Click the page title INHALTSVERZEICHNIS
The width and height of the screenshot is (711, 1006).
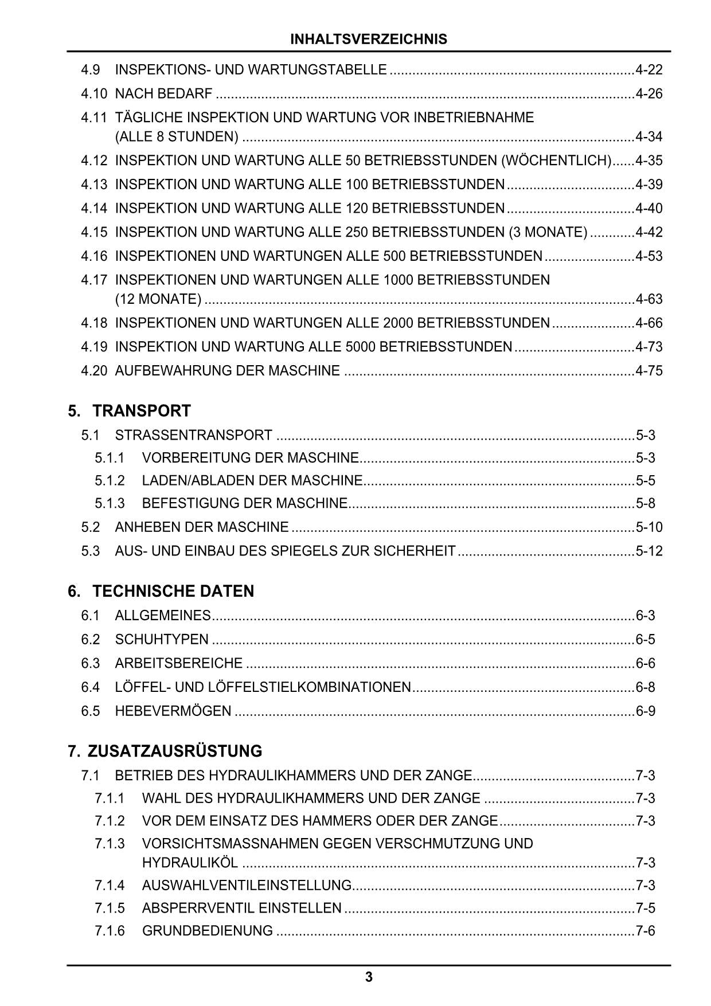[x=369, y=40]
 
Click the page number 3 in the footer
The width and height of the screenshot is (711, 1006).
[x=369, y=977]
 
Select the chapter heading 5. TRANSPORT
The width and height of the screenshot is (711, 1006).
[x=129, y=411]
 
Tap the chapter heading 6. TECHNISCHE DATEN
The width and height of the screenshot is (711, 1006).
[x=161, y=591]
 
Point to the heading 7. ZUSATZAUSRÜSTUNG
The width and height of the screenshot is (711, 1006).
[x=165, y=751]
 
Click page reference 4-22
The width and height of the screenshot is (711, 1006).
[x=649, y=70]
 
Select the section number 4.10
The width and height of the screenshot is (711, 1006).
[x=94, y=93]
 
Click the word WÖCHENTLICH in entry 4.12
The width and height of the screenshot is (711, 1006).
[x=556, y=161]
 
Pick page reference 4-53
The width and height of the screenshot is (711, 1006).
[x=649, y=256]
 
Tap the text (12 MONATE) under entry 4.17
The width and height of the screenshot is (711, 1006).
[x=158, y=299]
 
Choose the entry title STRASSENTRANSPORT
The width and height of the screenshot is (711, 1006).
[x=194, y=435]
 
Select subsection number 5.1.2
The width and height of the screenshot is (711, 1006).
[x=110, y=480]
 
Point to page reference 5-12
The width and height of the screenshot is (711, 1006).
[x=649, y=551]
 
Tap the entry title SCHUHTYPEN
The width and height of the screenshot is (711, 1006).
[x=162, y=640]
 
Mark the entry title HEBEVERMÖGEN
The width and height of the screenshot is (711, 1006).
[x=173, y=711]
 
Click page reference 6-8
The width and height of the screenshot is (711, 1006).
[x=646, y=687]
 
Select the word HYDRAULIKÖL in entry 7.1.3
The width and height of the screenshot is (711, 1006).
[x=190, y=863]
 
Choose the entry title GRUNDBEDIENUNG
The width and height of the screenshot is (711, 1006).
[x=208, y=930]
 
